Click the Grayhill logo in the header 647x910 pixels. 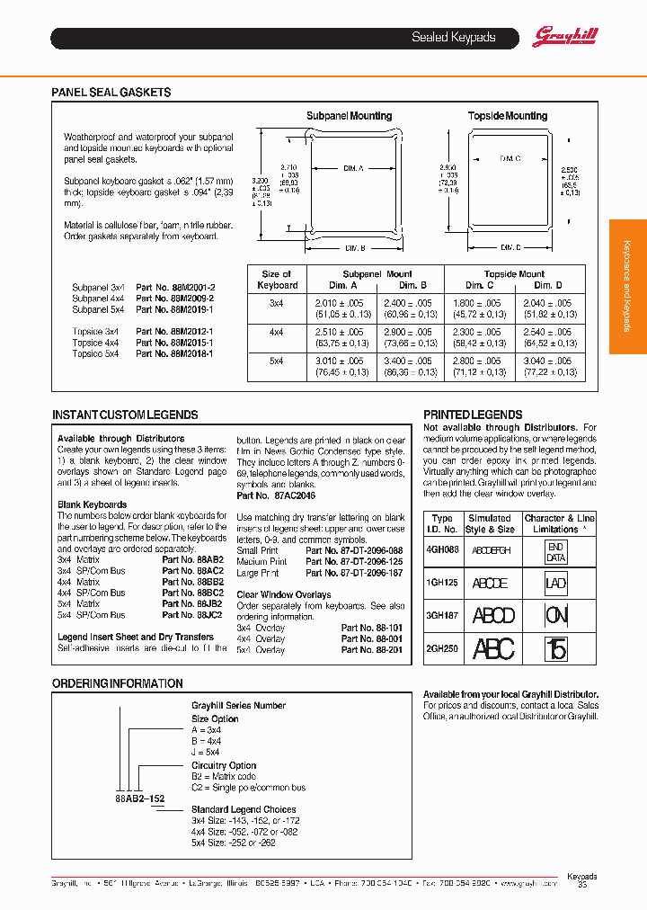coord(565,37)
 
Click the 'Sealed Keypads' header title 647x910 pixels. coord(453,38)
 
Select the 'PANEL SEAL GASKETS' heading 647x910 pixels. coord(111,93)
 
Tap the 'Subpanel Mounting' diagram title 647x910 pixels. coord(349,116)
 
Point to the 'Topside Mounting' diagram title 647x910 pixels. coord(507,116)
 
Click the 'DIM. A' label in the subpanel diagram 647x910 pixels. coord(352,168)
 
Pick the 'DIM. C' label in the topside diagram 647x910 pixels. coord(510,158)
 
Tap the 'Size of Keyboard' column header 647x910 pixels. coord(277,280)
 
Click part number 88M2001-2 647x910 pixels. coord(175,288)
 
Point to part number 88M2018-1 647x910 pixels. coord(175,354)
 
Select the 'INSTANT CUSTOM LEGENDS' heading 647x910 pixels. coord(125,415)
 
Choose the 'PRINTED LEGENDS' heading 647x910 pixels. coord(473,415)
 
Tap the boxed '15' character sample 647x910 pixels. coord(557,648)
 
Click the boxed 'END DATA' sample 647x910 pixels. coord(556,552)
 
